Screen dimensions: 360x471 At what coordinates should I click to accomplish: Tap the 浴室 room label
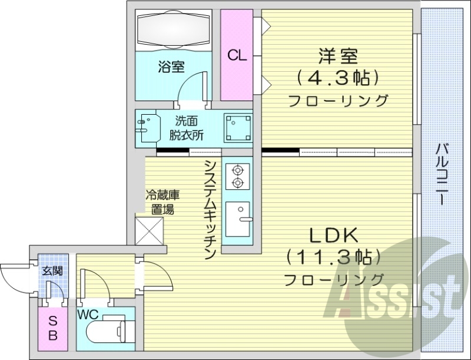171,67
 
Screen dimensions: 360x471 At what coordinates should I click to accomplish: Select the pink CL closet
237,56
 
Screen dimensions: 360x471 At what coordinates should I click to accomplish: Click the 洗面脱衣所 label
186,128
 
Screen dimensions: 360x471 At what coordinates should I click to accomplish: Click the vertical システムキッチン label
209,209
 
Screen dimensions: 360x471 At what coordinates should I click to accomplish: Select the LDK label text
334,236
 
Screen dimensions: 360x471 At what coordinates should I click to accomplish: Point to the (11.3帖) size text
334,257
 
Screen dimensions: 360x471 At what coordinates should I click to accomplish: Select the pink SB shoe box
52,329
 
